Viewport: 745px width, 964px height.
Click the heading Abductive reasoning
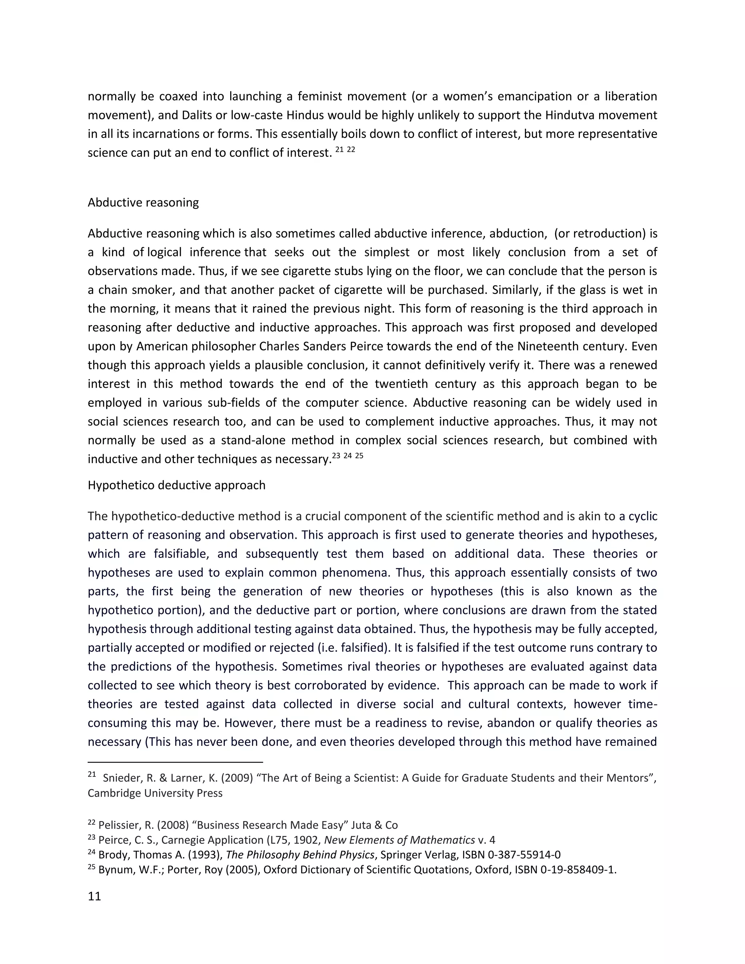[143, 203]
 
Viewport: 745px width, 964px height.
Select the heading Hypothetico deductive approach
[176, 485]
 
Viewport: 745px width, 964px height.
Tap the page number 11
[95, 896]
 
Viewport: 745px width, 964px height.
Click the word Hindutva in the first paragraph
[568, 115]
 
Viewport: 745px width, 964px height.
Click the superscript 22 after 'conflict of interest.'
[351, 150]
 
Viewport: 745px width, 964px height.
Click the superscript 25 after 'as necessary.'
[359, 456]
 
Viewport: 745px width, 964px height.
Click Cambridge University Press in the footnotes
[155, 793]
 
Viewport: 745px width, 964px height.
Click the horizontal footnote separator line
[175, 762]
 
